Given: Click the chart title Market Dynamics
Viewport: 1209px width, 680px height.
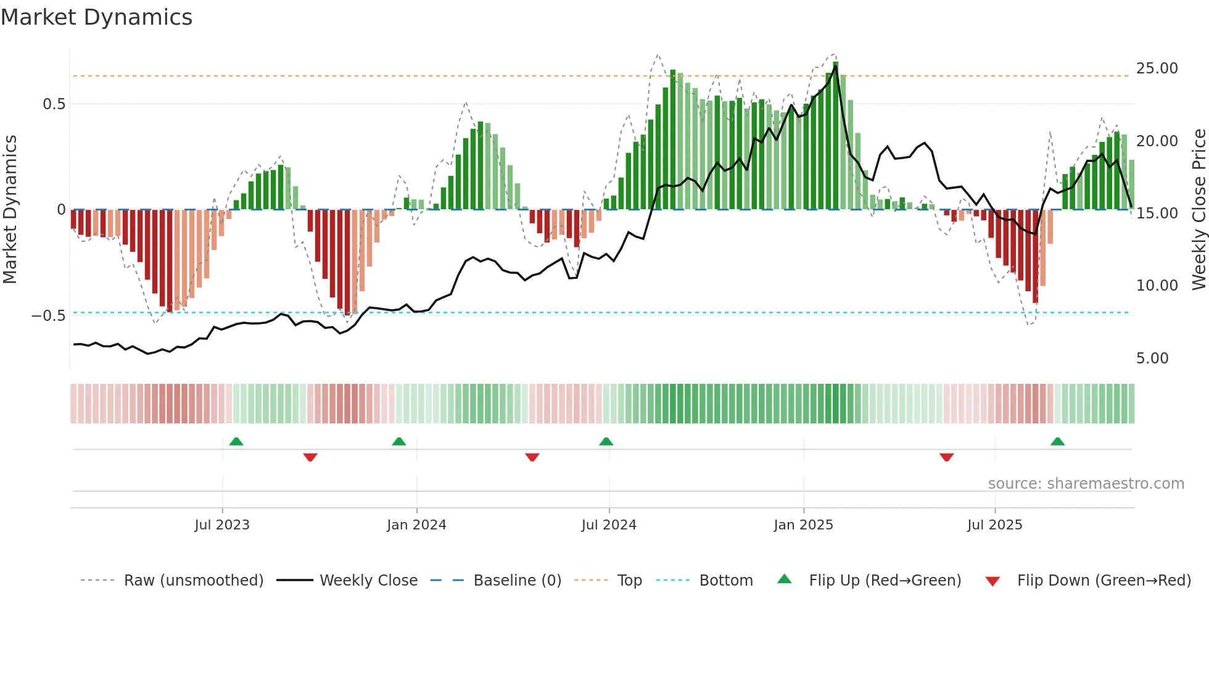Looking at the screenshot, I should (97, 17).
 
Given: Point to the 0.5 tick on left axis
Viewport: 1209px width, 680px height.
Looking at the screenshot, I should (54, 104).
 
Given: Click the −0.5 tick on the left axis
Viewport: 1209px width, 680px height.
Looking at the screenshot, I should (49, 316).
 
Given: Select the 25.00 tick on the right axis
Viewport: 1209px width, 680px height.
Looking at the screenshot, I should (1157, 68).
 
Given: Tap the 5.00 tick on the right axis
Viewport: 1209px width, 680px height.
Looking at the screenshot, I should (1152, 359).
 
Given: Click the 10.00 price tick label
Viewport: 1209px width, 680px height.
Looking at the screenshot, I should (1157, 286).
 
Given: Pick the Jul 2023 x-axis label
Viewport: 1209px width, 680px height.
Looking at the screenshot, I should (222, 525).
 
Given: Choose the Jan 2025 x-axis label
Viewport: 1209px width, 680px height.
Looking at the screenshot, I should (803, 525).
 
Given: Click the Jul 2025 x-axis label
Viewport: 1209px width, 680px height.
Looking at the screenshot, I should (994, 525).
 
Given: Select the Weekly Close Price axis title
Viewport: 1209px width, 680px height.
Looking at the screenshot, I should (1199, 210).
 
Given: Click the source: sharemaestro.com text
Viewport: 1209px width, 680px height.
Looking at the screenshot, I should (1086, 484).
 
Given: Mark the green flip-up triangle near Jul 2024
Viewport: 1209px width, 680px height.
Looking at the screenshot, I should (606, 442).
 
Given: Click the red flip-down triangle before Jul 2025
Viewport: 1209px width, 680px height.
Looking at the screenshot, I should (946, 457).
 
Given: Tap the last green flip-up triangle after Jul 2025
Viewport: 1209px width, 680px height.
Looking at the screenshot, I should (1057, 442).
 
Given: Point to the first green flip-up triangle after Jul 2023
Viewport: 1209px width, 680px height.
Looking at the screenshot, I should (236, 442).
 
